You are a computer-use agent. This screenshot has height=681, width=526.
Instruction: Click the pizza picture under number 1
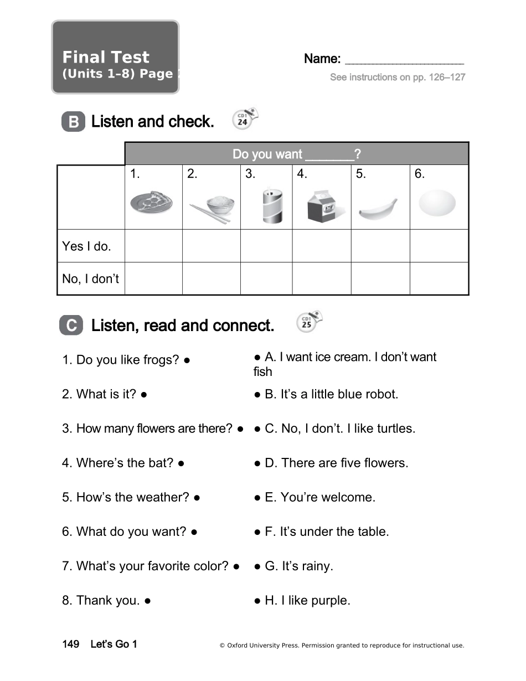tap(151, 204)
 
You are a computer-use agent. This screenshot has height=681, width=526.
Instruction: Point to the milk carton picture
tap(322, 206)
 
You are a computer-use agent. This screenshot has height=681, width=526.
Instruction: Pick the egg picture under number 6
tap(437, 203)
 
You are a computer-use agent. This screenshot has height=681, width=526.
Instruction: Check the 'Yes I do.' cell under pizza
tap(153, 246)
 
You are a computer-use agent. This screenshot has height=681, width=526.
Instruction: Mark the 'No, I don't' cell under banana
tap(380, 278)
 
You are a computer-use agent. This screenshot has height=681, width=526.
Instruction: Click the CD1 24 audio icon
tap(244, 119)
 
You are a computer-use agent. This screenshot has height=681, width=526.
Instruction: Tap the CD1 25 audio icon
tap(308, 322)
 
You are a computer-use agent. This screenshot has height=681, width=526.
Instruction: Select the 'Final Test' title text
tap(106, 57)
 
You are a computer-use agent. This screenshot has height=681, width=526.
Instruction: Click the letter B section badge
tap(73, 122)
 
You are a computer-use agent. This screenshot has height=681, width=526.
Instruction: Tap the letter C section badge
tap(71, 326)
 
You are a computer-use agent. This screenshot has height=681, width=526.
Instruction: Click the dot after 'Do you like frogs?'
tap(188, 360)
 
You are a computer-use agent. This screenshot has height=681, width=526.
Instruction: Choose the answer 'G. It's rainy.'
tap(298, 566)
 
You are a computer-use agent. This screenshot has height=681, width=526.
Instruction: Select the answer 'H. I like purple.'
tap(307, 601)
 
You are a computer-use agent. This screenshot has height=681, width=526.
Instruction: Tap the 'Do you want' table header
tap(296, 154)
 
